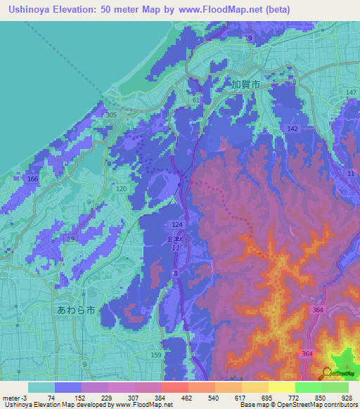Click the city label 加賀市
(245, 84)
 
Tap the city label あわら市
(75, 309)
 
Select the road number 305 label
(110, 115)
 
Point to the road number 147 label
(351, 93)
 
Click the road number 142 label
(293, 129)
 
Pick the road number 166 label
(32, 180)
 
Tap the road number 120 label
(121, 190)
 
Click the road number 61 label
(196, 101)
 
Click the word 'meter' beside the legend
(10, 398)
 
